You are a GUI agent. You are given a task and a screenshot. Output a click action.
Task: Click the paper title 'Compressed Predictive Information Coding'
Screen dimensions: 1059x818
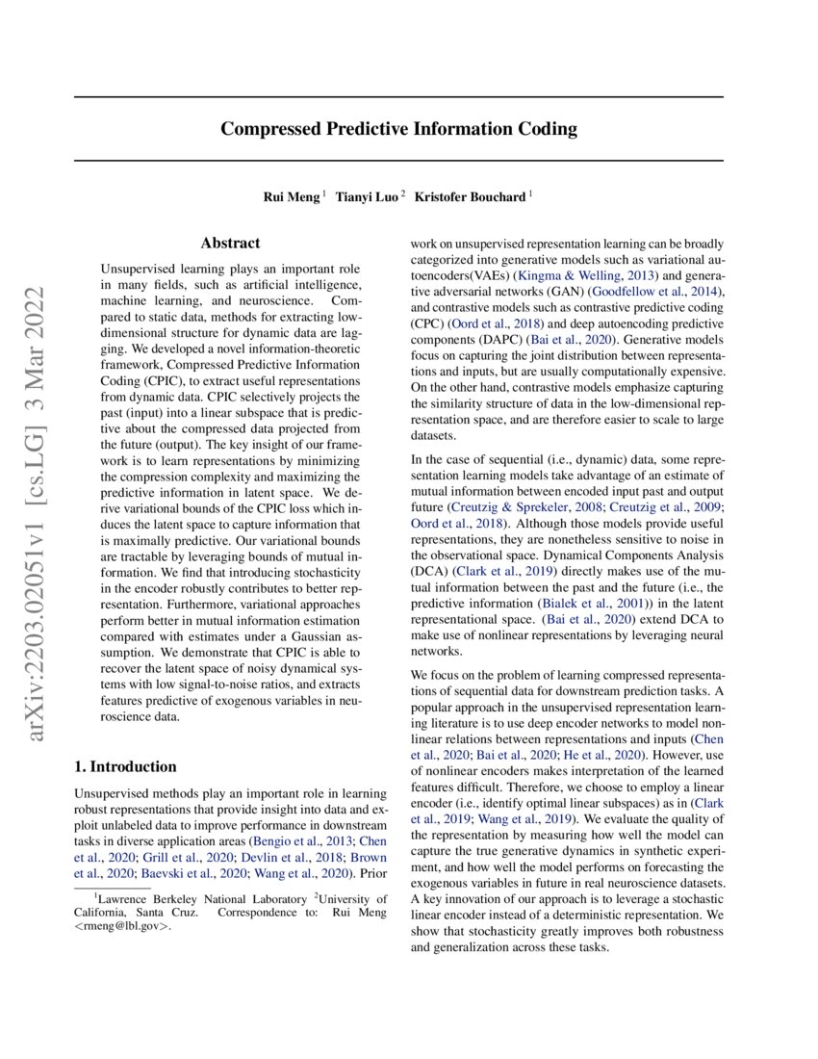[398, 128]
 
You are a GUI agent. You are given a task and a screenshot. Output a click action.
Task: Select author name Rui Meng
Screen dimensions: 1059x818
[293, 196]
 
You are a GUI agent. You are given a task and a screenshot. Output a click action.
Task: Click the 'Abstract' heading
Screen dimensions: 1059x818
[230, 244]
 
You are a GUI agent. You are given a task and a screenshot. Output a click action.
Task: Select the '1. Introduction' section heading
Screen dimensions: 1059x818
[125, 766]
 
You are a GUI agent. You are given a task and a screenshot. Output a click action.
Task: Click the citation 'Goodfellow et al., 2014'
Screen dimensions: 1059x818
[654, 292]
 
